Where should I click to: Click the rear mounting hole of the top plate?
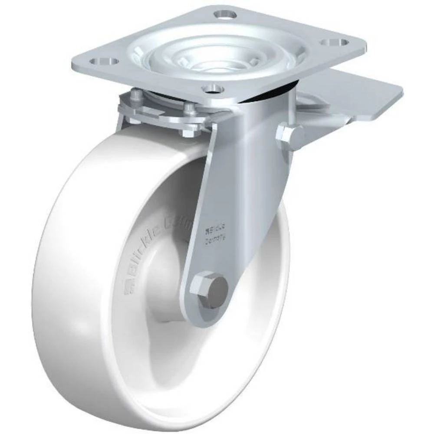(x=226, y=15)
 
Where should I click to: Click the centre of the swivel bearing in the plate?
(x=217, y=56)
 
